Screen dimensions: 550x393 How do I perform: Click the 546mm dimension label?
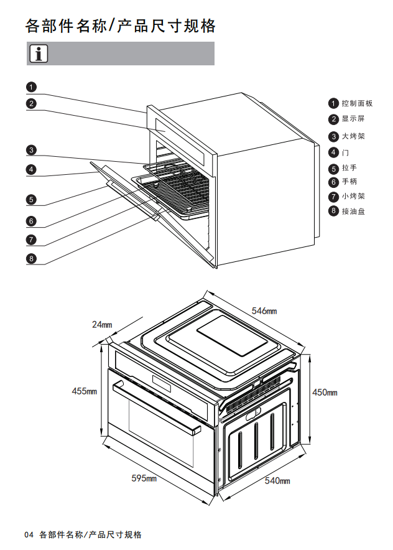pos(264,310)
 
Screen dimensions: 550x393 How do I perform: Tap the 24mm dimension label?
pos(101,324)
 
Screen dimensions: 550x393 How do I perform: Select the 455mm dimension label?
pos(85,391)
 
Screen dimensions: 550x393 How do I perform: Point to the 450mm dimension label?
pos(324,392)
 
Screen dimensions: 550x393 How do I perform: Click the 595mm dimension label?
pos(144,478)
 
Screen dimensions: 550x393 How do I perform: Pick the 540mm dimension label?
pos(277,480)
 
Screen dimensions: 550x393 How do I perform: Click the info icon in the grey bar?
pos(38,54)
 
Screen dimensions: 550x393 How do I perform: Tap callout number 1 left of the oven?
pos(31,87)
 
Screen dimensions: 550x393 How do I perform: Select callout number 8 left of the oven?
pos(31,259)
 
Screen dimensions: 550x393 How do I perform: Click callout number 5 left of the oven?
pos(31,200)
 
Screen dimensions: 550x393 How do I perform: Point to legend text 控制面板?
pos(357,103)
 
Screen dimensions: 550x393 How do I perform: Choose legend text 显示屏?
pos(353,119)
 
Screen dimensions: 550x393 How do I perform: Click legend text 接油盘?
pos(353,212)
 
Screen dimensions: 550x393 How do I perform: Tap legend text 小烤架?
pos(353,196)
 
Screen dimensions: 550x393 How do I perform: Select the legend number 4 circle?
pos(334,152)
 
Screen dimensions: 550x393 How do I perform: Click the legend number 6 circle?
pos(334,182)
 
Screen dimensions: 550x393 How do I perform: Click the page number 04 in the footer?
pos(29,534)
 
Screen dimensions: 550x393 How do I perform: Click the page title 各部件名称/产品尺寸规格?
pos(121,26)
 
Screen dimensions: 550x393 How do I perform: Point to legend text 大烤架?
pos(353,136)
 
